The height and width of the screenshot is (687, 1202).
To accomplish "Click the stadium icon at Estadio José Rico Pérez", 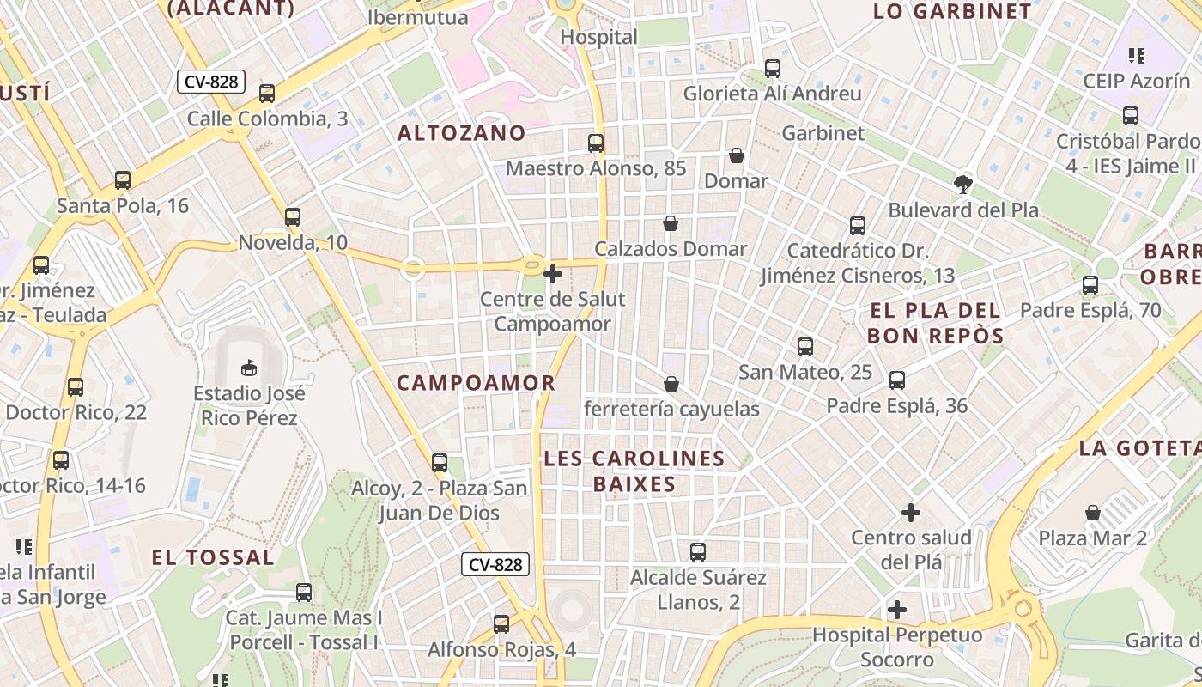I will [248, 368].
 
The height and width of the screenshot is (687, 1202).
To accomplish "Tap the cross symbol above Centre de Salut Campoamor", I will [553, 274].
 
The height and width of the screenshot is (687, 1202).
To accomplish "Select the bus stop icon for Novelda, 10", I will [293, 217].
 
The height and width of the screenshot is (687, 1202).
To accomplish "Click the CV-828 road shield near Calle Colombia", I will [212, 82].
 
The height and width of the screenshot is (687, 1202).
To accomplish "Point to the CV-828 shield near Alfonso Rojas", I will [495, 564].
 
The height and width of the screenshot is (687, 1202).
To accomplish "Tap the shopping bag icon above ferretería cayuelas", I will [671, 384].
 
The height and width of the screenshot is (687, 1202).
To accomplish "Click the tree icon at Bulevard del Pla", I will [963, 184].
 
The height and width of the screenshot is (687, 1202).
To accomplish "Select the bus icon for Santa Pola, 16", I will [123, 180].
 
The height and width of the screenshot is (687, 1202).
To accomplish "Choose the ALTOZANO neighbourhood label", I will [461, 133].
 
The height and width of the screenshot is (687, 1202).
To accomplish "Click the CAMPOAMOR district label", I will [476, 383].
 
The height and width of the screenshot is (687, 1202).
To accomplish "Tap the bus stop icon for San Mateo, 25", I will [805, 347].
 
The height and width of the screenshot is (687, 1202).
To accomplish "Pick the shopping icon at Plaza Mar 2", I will [1093, 513].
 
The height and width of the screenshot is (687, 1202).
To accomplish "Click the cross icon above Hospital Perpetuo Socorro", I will [897, 610].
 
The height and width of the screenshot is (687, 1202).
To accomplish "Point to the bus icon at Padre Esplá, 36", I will [897, 380].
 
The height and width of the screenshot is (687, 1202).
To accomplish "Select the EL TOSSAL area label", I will [213, 557].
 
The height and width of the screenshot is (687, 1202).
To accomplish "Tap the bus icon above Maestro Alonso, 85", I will [596, 143].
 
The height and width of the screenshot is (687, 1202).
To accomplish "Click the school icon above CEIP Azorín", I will [1137, 56].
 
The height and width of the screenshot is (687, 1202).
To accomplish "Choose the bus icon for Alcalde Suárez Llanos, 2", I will [698, 551].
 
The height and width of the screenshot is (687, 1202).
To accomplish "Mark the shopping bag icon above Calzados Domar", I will [671, 223].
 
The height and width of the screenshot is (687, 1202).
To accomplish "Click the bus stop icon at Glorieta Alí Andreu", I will [773, 68].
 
